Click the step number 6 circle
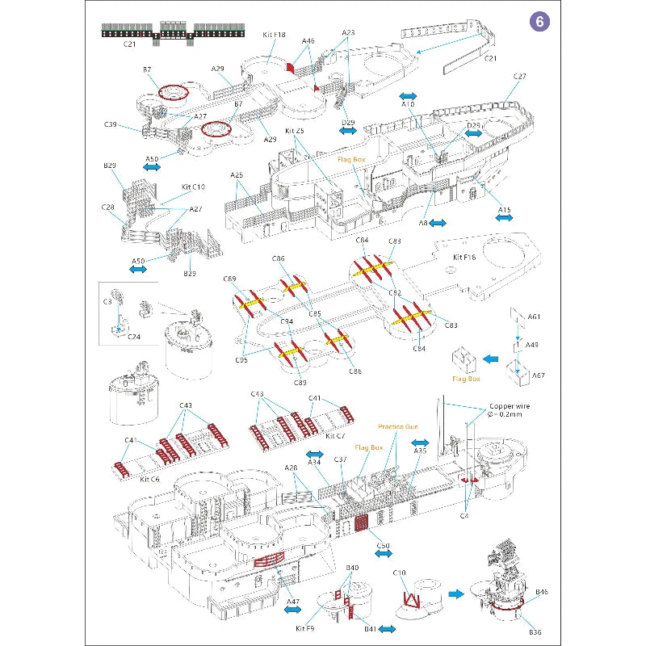click(538, 22)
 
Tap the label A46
click(308, 40)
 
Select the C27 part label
click(519, 77)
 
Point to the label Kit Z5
click(295, 130)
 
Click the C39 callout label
click(111, 124)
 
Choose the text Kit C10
click(192, 187)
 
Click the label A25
click(237, 175)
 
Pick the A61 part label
click(534, 317)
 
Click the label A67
click(539, 375)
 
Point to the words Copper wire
click(511, 407)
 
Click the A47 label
click(292, 602)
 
